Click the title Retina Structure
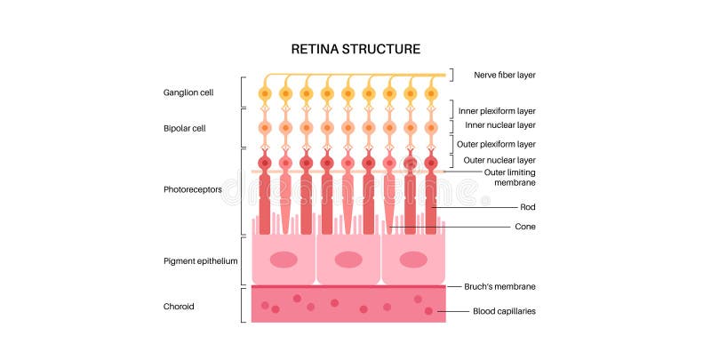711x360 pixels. point(356,48)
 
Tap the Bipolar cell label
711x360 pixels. point(184,128)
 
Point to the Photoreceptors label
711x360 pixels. point(192,189)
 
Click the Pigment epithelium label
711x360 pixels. point(201,260)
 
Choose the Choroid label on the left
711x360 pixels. point(179,306)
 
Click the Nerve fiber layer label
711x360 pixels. point(503,75)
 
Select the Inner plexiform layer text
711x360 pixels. point(503,111)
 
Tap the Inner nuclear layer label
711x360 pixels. point(501,125)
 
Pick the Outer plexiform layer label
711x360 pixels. point(503,144)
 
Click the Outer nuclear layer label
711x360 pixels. point(500,160)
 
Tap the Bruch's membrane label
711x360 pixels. point(499,286)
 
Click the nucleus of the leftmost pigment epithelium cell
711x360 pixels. point(284,260)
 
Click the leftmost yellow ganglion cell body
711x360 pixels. point(264,93)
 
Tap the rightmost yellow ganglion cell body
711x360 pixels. point(431,93)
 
